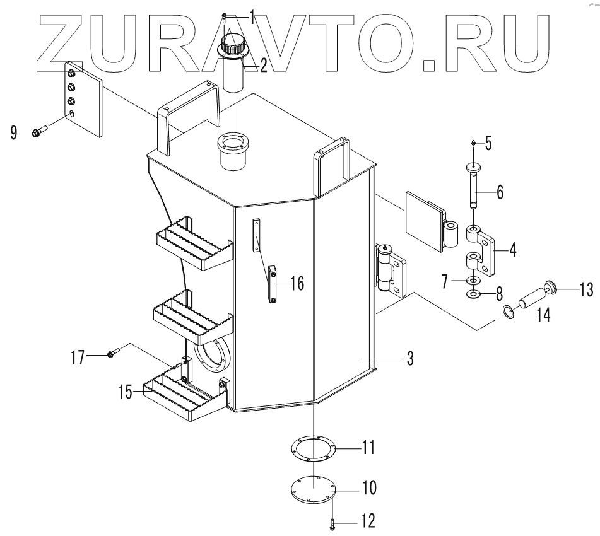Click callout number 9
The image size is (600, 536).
[13, 133]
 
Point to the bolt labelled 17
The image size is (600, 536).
[112, 354]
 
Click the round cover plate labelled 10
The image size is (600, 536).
[313, 488]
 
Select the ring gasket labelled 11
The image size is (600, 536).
[313, 450]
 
